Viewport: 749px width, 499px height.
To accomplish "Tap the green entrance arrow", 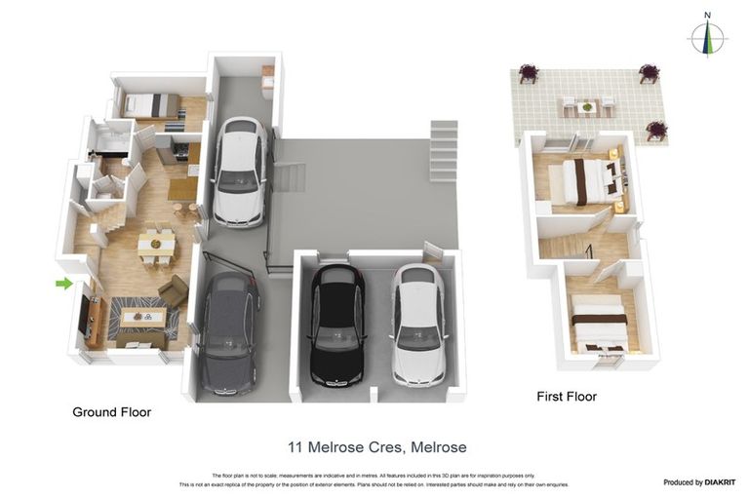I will pyautogui.click(x=63, y=284).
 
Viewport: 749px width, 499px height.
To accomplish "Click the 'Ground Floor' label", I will pyautogui.click(x=111, y=412).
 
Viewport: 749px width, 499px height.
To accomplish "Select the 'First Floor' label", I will pyautogui.click(x=567, y=397).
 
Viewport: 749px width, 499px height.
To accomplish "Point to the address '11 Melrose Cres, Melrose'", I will pyautogui.click(x=376, y=447).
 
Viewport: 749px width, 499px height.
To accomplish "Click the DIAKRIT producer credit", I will pyautogui.click(x=698, y=482).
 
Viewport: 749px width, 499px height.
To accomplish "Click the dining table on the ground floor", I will pyautogui.click(x=156, y=243).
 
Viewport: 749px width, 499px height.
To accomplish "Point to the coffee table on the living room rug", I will pyautogui.click(x=141, y=316).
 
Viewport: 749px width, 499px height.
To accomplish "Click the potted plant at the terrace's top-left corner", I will pyautogui.click(x=528, y=73).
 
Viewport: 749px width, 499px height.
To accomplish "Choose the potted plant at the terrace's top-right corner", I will pyautogui.click(x=649, y=73).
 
